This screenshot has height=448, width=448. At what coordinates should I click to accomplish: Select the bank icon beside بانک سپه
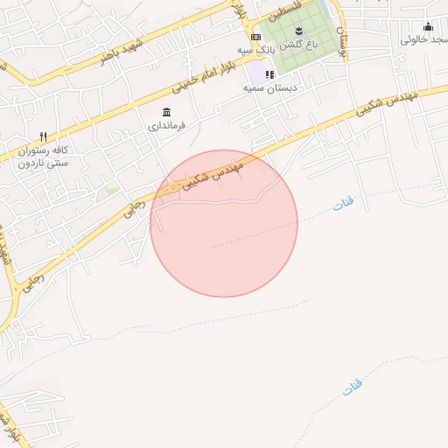[x=255, y=37]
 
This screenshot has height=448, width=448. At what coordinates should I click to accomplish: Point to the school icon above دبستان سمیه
[x=269, y=75]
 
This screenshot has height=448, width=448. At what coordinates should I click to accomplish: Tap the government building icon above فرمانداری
[x=166, y=112]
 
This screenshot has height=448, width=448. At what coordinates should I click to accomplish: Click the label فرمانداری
[x=166, y=126]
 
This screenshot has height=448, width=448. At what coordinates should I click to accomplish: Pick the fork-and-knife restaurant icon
[x=42, y=136]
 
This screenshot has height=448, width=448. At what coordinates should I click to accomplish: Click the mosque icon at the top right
[x=428, y=27]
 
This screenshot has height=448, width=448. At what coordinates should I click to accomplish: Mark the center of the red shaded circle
[x=224, y=224]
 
